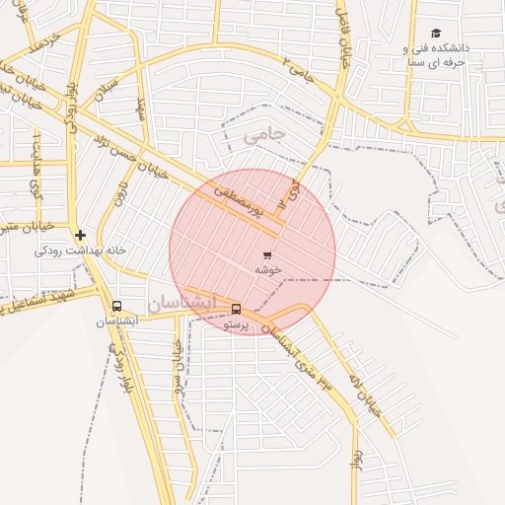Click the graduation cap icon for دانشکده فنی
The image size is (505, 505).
point(436,34)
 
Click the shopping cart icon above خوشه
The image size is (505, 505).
point(267,254)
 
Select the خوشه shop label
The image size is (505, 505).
point(269,268)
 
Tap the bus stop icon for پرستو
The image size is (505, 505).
point(235,309)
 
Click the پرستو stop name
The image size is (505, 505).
point(237,324)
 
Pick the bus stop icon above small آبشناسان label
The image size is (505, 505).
point(117,307)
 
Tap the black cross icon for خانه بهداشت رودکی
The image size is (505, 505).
point(80,235)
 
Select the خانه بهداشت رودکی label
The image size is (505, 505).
point(81,251)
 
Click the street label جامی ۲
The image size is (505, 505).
point(299,71)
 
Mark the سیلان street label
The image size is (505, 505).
point(108,86)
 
